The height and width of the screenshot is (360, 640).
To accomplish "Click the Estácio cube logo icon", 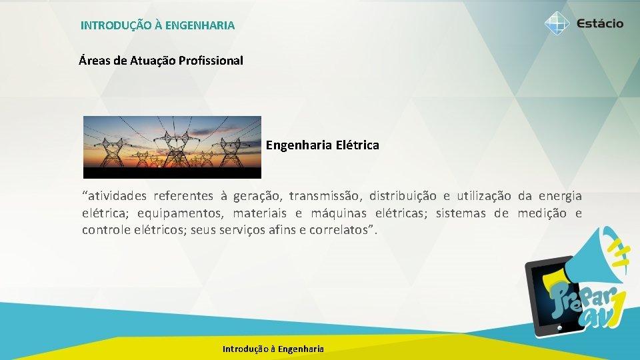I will pyautogui.click(x=557, y=23).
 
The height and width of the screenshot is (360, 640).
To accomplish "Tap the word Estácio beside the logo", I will pyautogui.click(x=597, y=23).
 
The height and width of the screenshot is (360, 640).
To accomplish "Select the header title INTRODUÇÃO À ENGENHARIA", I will pyautogui.click(x=157, y=25).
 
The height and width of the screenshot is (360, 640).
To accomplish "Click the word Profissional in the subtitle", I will pyautogui.click(x=209, y=61).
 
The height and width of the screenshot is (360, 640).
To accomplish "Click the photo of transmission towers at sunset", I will pyautogui.click(x=172, y=147).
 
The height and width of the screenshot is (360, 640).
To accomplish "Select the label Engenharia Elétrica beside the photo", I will pyautogui.click(x=323, y=145).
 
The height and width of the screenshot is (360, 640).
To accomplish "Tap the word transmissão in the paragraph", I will pyautogui.click(x=325, y=196).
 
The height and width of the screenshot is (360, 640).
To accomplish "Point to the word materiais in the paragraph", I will pyautogui.click(x=260, y=213).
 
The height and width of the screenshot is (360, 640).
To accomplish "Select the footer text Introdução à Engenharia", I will pyautogui.click(x=273, y=349).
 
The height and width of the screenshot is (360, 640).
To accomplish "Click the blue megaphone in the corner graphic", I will pyautogui.click(x=593, y=260).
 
